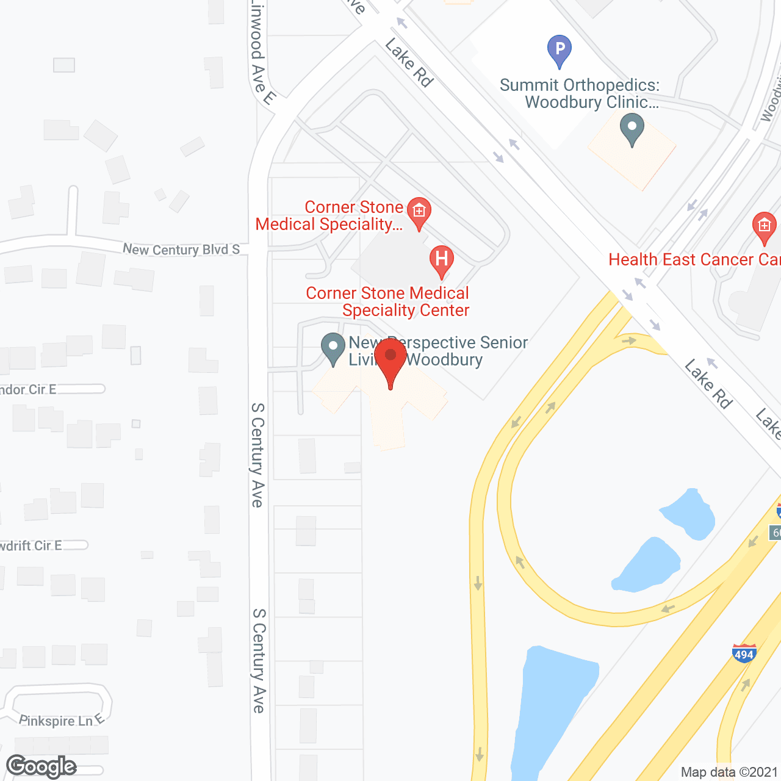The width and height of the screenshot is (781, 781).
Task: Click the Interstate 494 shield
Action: coord(744,653)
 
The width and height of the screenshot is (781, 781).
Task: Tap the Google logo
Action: coord(41,766)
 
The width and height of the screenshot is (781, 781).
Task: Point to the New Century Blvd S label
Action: coord(181,249)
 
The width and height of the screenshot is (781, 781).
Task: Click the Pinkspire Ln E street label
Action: coord(62,721)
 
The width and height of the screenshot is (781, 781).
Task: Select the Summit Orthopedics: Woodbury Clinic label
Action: coord(580,93)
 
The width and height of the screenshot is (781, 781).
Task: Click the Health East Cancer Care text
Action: coord(694,260)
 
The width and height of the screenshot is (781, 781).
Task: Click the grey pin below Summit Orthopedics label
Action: coord(632,130)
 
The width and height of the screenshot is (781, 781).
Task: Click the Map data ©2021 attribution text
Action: coord(729,772)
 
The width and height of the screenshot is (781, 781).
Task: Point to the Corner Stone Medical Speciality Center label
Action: coord(388,301)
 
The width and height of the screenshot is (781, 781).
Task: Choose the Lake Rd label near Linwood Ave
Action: coord(409,62)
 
